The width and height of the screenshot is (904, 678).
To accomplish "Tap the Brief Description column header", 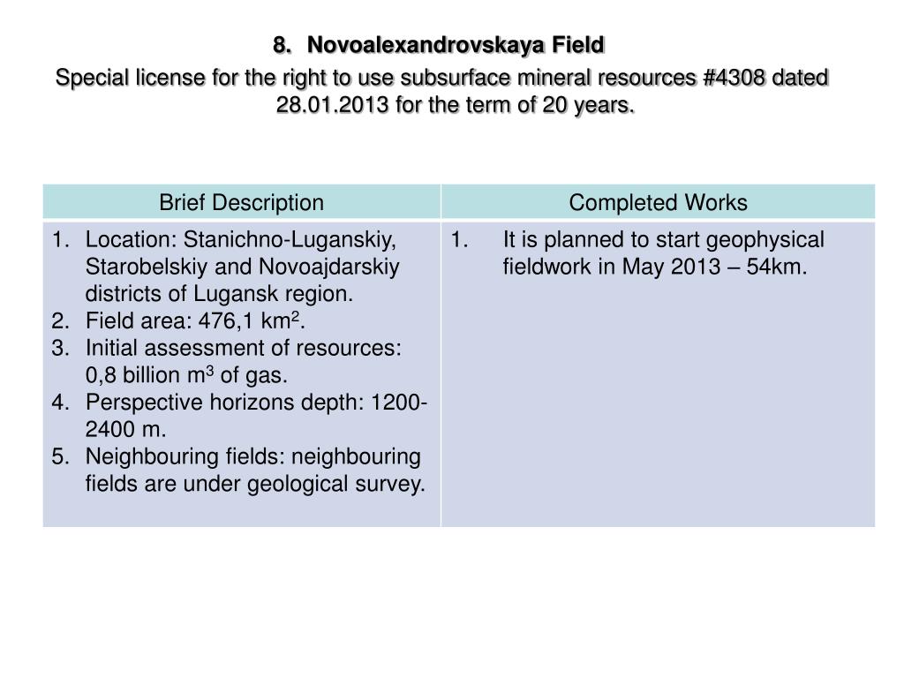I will click(241, 203).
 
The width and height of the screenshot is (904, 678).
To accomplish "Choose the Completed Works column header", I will click(658, 203).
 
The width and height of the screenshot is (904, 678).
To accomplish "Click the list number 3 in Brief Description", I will click(59, 349).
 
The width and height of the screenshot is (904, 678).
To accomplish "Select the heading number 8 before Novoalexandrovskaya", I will click(281, 44).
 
